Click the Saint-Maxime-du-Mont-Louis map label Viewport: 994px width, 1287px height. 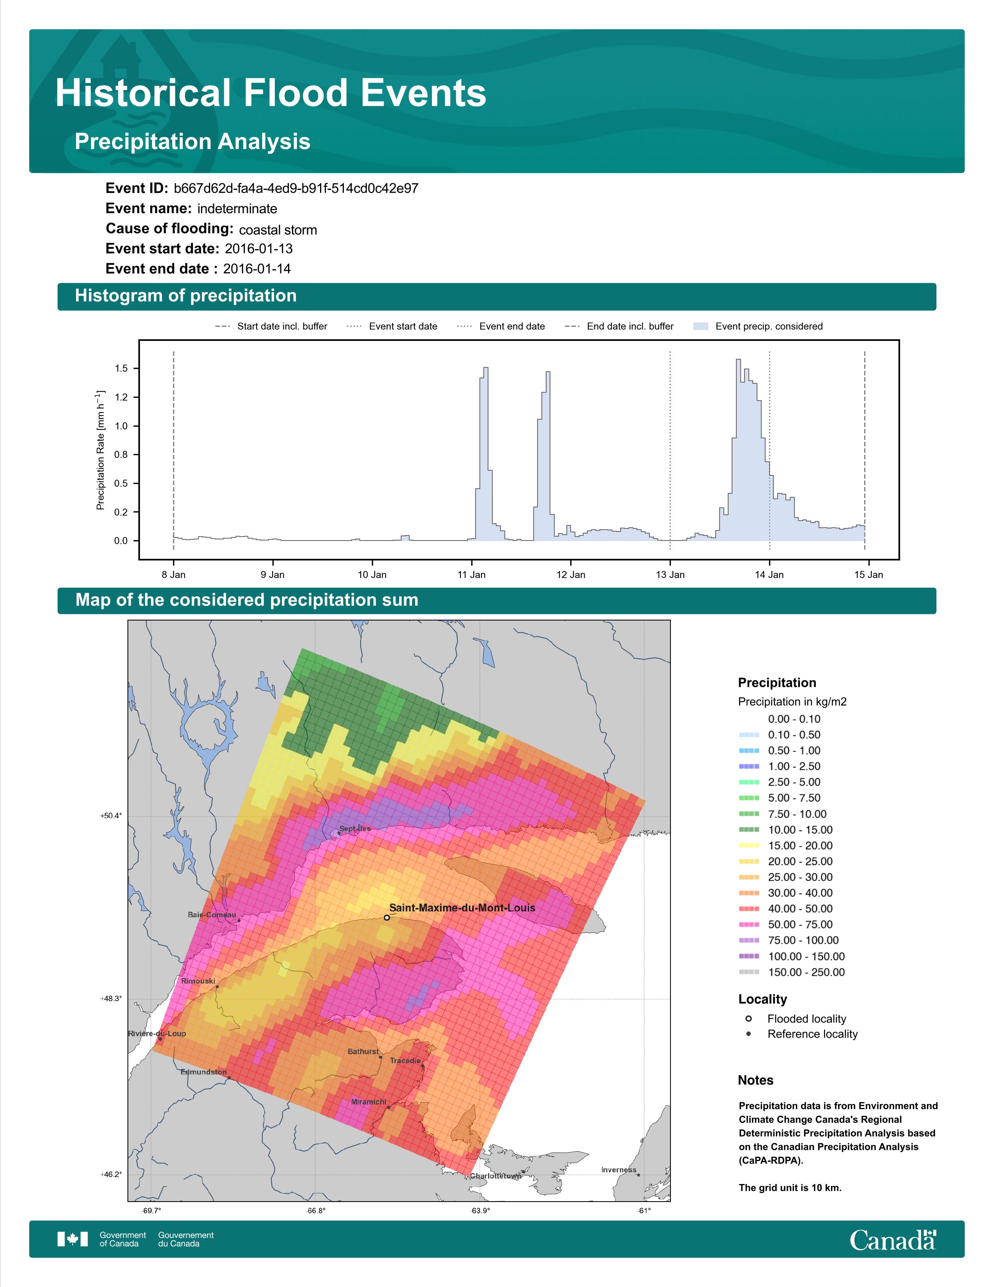click(462, 908)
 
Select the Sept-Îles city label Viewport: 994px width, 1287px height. click(355, 828)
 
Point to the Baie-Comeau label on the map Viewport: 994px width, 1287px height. click(212, 915)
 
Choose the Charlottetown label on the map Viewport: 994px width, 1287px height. click(496, 1176)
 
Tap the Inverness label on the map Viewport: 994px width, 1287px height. click(619, 1170)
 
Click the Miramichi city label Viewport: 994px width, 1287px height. click(369, 1102)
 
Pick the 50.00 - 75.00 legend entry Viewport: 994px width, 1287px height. click(785, 925)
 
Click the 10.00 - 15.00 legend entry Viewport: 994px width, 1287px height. click(785, 830)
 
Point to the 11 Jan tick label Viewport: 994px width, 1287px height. click(472, 574)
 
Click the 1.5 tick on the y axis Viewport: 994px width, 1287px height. click(121, 368)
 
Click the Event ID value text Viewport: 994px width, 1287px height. click(296, 189)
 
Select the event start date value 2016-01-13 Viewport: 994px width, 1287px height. click(258, 249)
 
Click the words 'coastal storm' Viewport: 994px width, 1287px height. click(278, 230)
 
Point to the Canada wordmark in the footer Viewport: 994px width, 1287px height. click(893, 1241)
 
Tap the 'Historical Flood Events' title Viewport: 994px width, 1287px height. click(271, 93)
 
